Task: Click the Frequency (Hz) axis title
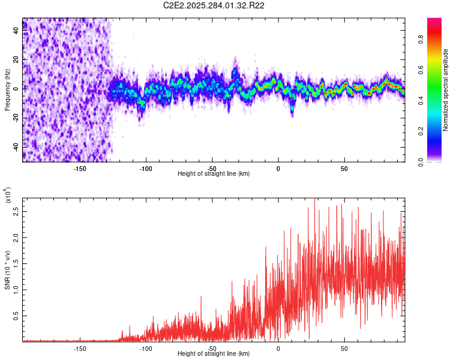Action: point(7,90)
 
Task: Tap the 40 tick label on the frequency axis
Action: point(16,31)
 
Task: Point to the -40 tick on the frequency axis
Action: point(16,146)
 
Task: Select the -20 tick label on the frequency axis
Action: point(16,118)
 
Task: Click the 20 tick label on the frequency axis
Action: point(16,60)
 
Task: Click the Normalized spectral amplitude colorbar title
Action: point(446,90)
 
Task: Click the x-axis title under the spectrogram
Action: point(214,173)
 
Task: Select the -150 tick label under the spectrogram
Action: point(80,168)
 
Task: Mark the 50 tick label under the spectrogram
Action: point(344,168)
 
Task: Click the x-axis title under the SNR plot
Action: point(214,353)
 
